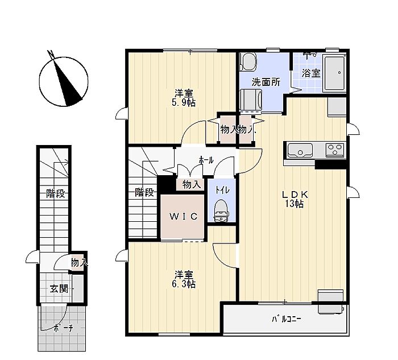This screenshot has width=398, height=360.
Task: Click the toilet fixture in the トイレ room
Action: point(221,210)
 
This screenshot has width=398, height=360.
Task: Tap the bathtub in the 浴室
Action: point(334,73)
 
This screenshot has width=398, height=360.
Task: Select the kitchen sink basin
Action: point(300,150)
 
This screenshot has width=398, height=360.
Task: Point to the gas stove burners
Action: point(335,149)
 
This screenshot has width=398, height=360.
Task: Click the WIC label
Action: point(184,216)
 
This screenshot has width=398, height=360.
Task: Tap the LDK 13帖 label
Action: point(295,199)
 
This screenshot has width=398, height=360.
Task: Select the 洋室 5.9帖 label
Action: point(184,98)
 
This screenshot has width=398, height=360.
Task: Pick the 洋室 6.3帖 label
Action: point(184,279)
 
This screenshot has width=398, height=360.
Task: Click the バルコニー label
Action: point(287,318)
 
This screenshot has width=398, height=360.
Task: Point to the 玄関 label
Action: point(59,289)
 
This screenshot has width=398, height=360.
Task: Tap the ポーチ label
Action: point(63,328)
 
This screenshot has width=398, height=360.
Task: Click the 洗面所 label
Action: point(266,82)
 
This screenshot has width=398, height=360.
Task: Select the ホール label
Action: point(206,160)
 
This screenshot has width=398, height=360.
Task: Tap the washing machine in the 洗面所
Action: point(252,100)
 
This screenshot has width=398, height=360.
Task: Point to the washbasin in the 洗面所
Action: point(248,62)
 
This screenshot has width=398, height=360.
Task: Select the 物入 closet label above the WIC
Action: point(192,185)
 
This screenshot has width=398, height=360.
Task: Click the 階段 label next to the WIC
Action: point(144,192)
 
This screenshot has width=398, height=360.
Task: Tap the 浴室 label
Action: point(311,73)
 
